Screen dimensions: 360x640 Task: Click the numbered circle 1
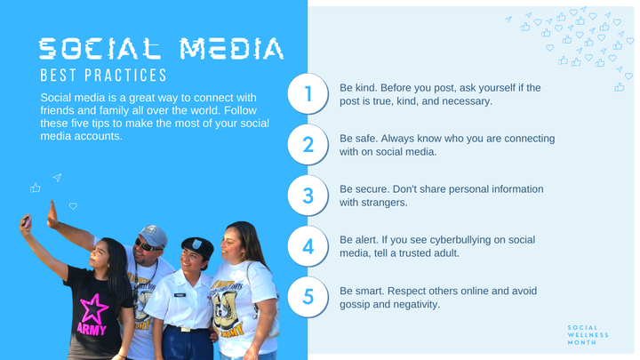tap(308, 94)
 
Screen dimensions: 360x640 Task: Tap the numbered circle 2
tap(308, 145)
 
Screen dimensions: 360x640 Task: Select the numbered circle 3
tap(308, 196)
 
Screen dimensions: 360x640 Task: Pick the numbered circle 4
tap(308, 246)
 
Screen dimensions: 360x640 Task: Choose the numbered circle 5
tap(308, 297)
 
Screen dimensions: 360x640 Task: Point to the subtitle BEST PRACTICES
tap(103, 76)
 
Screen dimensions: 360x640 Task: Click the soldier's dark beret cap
tap(196, 244)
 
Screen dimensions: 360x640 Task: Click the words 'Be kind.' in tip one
tap(359, 88)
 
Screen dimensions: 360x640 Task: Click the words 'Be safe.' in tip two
tap(359, 139)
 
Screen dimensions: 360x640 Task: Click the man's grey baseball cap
tap(153, 235)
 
